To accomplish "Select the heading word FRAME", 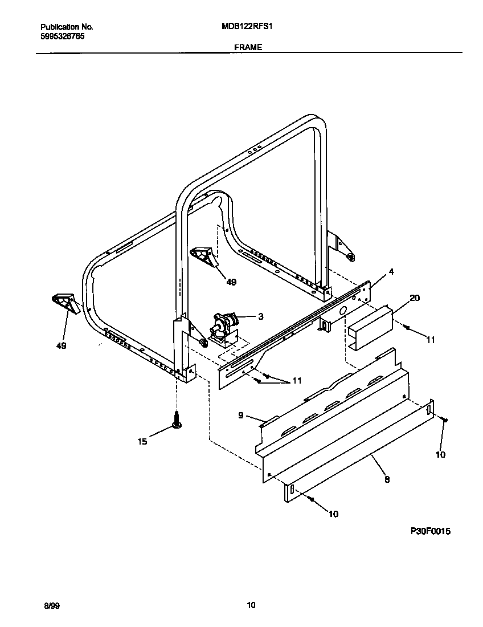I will tap(248, 47).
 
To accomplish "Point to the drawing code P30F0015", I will tap(430, 531).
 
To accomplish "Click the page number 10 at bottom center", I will tap(251, 605).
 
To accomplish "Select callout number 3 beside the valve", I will tap(260, 316).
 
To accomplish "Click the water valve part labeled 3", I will tap(223, 328).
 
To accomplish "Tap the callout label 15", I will tap(142, 441).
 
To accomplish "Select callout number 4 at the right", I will tap(391, 271).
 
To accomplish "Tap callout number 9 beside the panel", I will tap(241, 415).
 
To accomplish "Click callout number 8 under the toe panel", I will tap(387, 479).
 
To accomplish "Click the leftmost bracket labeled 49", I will tap(64, 302).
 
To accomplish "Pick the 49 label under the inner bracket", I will tap(231, 281).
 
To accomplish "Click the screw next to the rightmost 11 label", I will tap(407, 327).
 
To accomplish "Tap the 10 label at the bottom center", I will tap(333, 514).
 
